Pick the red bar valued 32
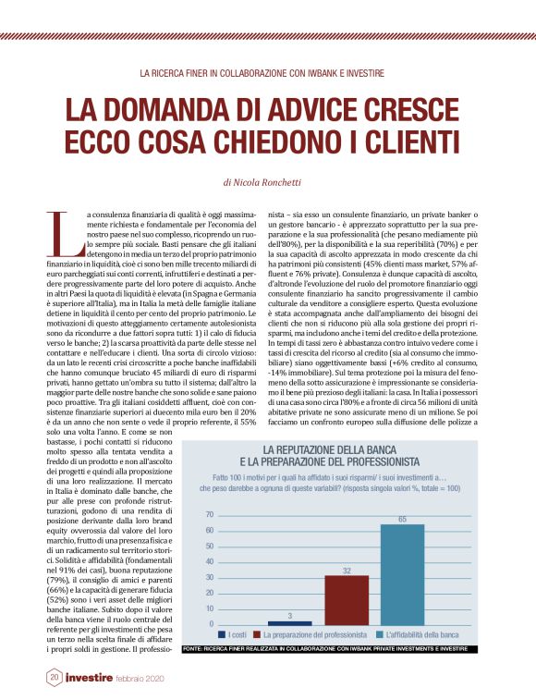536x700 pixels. pos(346,600)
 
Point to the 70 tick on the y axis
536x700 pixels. pos(209,514)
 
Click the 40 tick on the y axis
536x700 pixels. pos(209,561)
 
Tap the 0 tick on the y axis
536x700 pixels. pos(211,625)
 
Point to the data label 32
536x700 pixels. pos(346,571)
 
